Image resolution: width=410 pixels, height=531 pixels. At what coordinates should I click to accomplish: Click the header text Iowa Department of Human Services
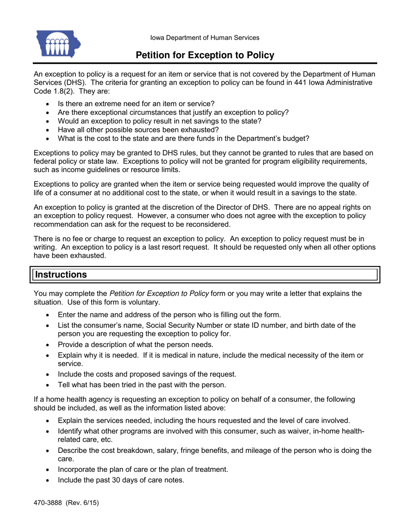click(x=205, y=38)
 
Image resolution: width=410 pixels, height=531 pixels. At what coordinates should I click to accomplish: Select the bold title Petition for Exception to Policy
click(x=205, y=55)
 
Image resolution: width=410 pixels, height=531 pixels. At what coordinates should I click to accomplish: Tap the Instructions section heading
click(x=61, y=275)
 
